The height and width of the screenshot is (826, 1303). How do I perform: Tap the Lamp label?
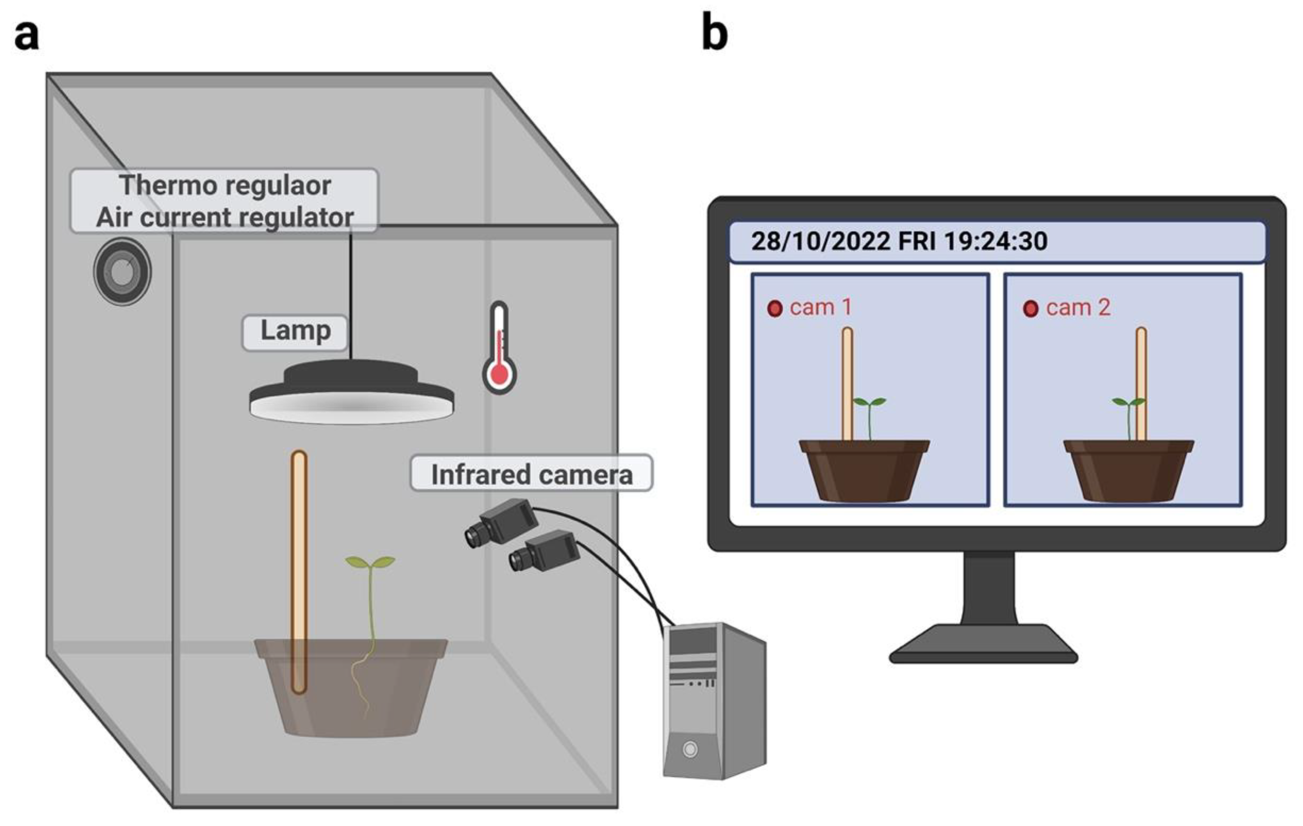tap(295, 330)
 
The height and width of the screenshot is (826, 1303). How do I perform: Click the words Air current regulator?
tap(224, 217)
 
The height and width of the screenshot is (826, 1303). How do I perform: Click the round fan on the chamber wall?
tap(122, 271)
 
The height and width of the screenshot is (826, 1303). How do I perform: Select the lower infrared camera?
tap(544, 551)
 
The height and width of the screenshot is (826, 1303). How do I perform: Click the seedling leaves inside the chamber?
tap(370, 562)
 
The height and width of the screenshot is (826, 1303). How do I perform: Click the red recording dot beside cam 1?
tap(775, 309)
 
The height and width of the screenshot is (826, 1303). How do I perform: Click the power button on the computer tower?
tap(690, 749)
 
